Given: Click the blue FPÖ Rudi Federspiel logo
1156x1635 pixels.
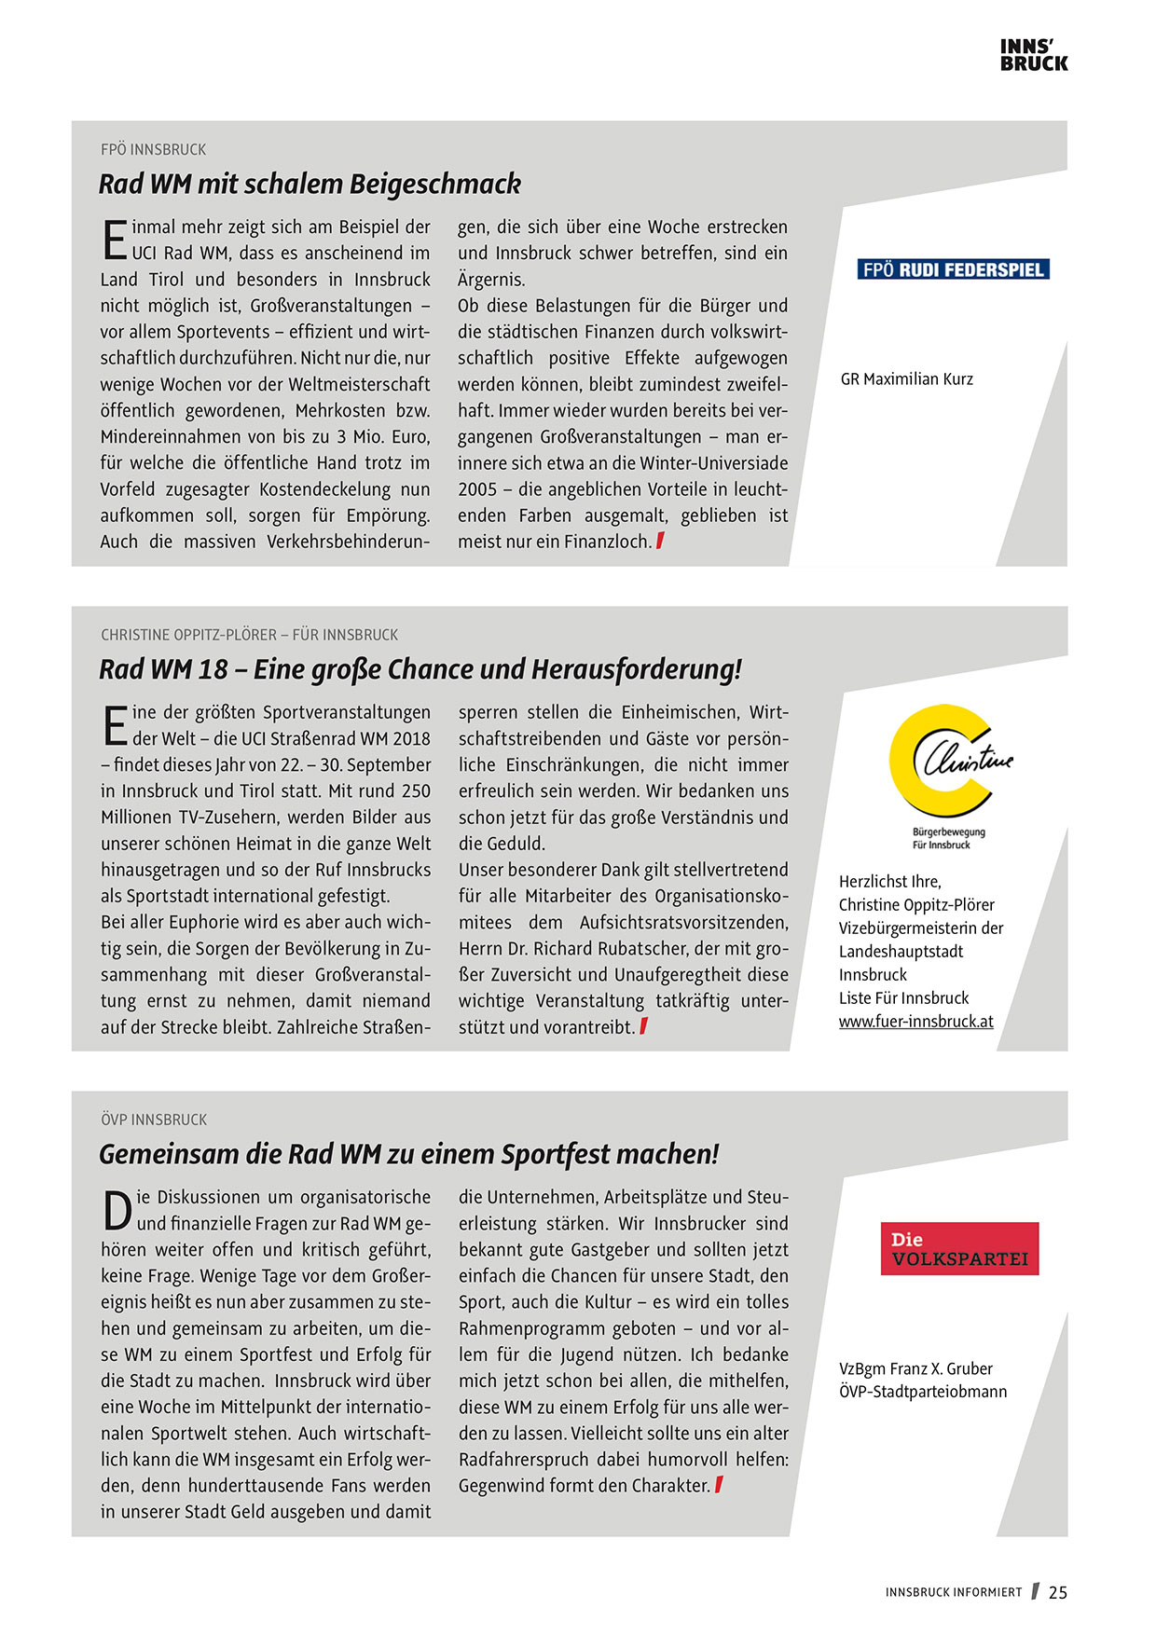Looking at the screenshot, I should (953, 270).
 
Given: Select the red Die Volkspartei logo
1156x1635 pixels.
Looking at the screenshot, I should (959, 1249).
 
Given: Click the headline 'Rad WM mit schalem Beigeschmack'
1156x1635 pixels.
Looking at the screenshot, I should (310, 185).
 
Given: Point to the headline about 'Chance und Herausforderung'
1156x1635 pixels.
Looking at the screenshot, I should (420, 669).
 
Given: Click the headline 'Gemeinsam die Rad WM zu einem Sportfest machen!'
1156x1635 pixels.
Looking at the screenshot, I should (409, 1154).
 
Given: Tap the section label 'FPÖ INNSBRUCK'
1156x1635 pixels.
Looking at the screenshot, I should (154, 150).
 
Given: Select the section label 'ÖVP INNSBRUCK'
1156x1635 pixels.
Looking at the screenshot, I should (154, 1120).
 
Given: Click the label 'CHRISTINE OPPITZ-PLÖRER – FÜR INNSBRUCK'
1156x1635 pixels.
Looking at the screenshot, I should (249, 635).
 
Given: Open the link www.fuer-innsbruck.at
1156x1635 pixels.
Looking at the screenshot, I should (915, 1022).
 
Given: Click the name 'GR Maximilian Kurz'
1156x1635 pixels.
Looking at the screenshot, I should (906, 379).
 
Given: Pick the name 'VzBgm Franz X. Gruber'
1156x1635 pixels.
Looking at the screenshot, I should (915, 1368).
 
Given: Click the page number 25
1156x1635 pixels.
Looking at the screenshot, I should (1057, 1593).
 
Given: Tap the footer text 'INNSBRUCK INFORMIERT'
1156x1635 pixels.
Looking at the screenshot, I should (953, 1593).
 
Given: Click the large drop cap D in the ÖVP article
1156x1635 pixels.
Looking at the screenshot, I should (117, 1211).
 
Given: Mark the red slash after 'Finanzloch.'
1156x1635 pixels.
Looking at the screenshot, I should (660, 541).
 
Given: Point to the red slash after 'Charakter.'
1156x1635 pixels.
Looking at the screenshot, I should (719, 1485).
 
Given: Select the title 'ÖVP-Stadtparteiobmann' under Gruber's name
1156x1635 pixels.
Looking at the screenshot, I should (923, 1392).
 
